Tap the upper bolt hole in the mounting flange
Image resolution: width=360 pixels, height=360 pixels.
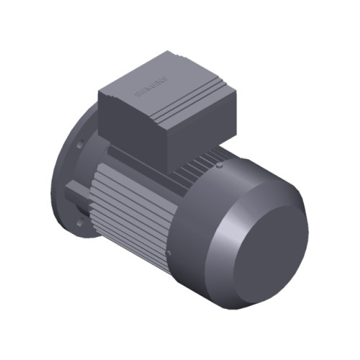78,145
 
